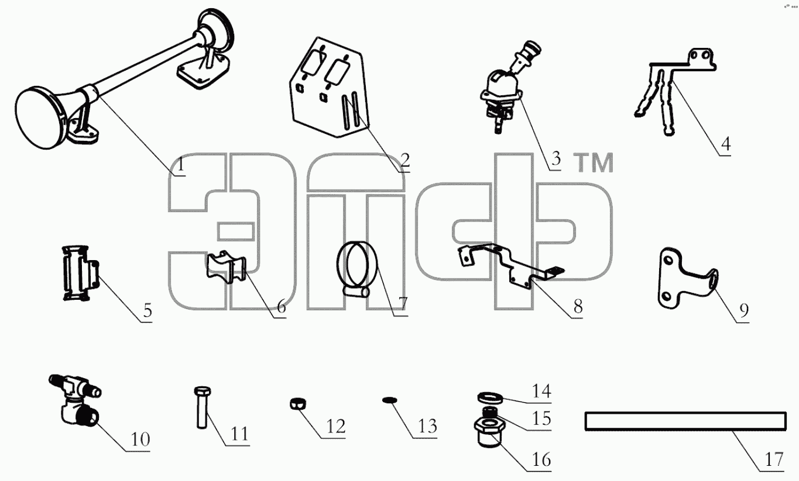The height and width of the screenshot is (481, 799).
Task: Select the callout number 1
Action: [181, 164]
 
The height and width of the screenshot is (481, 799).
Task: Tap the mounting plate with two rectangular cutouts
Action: [329, 88]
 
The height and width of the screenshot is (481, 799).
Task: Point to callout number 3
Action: [555, 159]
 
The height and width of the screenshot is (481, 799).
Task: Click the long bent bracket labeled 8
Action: [510, 264]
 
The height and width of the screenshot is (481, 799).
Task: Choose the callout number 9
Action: [744, 310]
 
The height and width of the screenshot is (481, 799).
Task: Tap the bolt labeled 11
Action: [203, 408]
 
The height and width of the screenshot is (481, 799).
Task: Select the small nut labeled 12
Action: [297, 404]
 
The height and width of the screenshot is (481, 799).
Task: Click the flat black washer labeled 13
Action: [389, 400]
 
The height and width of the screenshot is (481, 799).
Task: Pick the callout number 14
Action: [541, 391]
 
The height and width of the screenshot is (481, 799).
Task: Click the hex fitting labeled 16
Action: [490, 432]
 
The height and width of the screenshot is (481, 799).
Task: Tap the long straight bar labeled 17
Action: [685, 421]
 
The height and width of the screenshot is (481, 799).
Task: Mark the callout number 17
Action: [774, 459]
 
